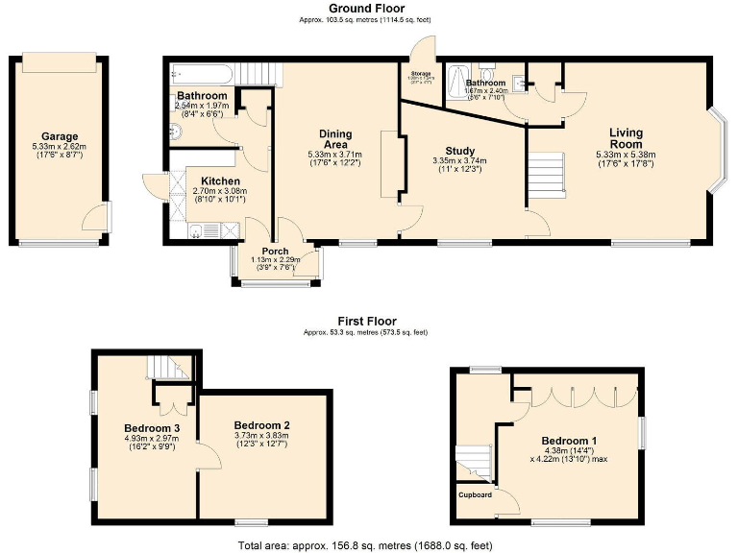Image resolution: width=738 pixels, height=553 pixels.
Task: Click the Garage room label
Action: pyautogui.click(x=60, y=136)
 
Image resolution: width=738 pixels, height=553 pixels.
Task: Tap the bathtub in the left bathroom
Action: pyautogui.click(x=201, y=74)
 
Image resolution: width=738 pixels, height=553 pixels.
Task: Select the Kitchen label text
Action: pyautogui.click(x=220, y=181)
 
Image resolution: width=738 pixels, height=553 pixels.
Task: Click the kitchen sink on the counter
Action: pyautogui.click(x=197, y=228)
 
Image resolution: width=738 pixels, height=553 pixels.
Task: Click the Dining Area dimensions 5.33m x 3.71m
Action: pyautogui.click(x=335, y=154)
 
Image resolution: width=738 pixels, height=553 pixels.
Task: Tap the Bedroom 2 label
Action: pyautogui.click(x=261, y=425)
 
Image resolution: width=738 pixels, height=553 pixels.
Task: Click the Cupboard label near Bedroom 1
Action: pyautogui.click(x=475, y=495)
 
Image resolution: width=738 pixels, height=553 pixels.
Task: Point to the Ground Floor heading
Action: pyautogui.click(x=368, y=8)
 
